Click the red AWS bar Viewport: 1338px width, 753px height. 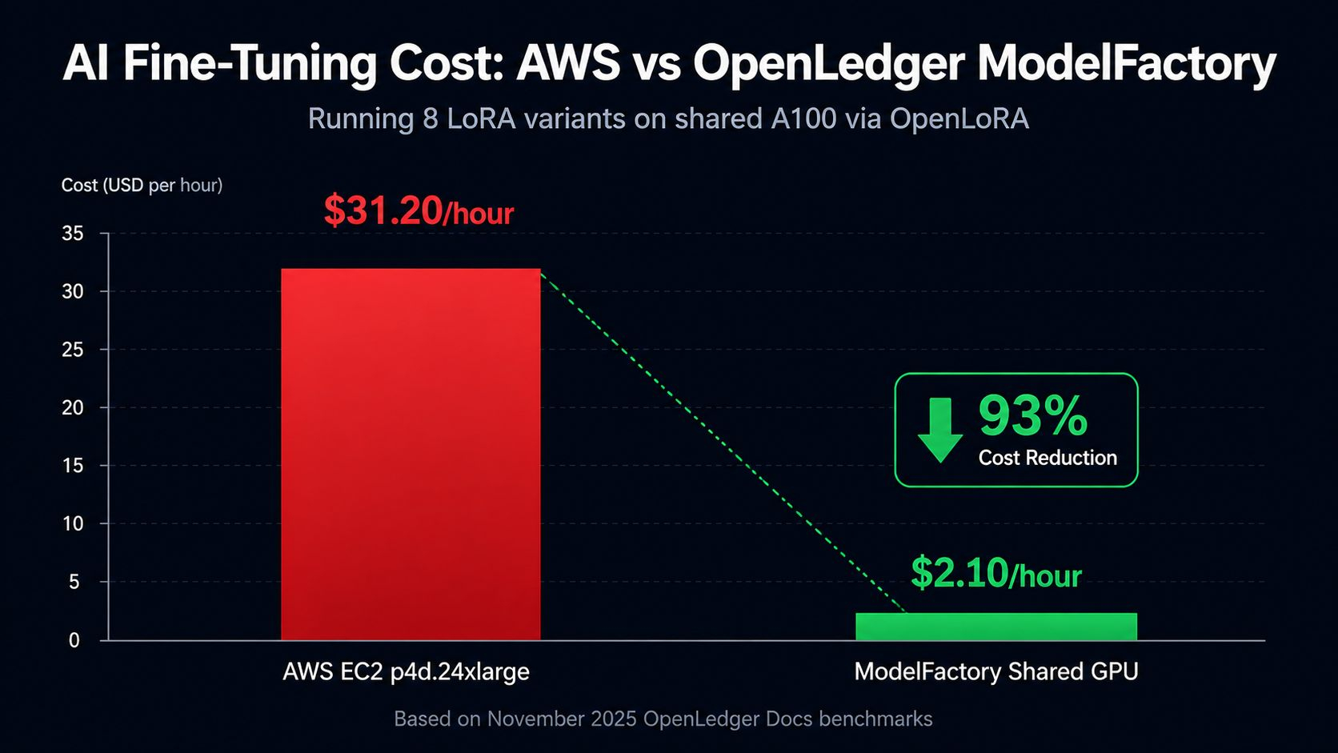[x=411, y=455]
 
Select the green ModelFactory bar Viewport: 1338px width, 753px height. [x=996, y=627]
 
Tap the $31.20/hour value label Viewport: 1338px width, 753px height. [x=419, y=210]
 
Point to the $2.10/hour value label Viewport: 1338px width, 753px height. [x=996, y=573]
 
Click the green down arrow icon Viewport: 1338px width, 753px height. [x=940, y=430]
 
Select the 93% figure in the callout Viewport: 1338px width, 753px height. [x=1033, y=416]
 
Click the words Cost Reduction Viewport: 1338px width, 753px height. [x=1048, y=458]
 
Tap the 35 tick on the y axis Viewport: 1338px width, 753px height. [x=72, y=234]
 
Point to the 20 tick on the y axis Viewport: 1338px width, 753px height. [x=72, y=408]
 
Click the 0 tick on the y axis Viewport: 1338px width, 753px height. [x=74, y=641]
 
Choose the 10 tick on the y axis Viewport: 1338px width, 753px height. [x=72, y=524]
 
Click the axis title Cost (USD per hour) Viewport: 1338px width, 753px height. [x=142, y=186]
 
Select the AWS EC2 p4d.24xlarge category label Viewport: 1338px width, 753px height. [x=407, y=672]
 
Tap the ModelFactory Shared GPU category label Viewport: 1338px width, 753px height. [x=996, y=672]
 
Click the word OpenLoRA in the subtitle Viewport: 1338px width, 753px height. [x=959, y=118]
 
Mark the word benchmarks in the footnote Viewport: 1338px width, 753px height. [x=875, y=719]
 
